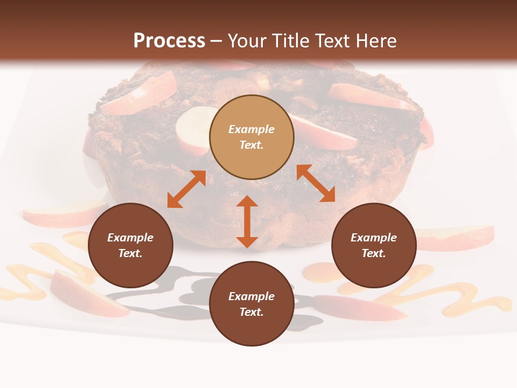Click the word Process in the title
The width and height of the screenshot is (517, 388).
[169, 41]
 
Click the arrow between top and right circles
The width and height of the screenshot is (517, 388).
[316, 183]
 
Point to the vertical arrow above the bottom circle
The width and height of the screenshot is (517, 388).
[247, 221]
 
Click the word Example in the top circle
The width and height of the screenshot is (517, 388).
[251, 129]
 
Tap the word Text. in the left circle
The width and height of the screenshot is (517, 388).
[130, 253]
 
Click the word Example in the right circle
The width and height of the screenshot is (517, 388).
[374, 238]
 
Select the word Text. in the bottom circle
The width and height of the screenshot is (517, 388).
[251, 312]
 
